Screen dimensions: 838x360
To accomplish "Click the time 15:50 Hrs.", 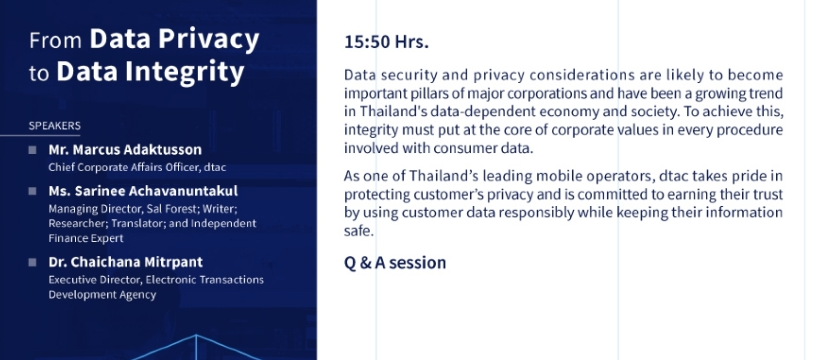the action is coord(386,42).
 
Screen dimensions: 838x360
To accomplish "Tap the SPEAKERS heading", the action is coord(55,126).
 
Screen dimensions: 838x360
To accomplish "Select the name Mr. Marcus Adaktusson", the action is coord(125,150).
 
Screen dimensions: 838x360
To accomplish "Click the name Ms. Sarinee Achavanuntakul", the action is coord(143,191).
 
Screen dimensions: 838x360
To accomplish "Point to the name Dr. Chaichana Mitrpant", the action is coord(125,262).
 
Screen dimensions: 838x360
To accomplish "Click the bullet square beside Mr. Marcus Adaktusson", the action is coord(33,150).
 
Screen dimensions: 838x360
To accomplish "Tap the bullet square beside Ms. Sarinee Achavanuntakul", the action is coord(33,191).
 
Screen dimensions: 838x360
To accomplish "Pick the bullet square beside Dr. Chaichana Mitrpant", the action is coord(33,262).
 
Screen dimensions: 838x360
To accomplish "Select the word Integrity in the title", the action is coord(185,73).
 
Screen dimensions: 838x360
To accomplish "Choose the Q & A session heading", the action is coord(395,263).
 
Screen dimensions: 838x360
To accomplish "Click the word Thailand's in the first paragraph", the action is coord(393,112).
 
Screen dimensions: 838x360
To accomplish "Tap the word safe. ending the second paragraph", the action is coord(359,231).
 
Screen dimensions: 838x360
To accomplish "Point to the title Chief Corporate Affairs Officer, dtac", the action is coord(137,168).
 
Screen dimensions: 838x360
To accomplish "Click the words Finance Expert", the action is coord(86,238).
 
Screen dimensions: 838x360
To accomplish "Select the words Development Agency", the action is coord(102,295).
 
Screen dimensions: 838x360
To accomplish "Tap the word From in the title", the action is coord(55,41).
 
